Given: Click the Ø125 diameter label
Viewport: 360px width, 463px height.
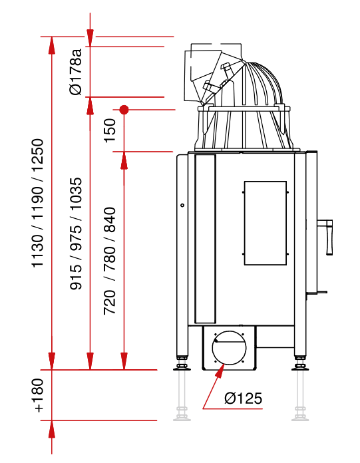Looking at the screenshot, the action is tap(243, 398).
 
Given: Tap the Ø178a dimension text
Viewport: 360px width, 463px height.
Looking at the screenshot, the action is tap(76, 72).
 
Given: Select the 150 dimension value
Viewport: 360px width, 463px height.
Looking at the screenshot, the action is tap(110, 130).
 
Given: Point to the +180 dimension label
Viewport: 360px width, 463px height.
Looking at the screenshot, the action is tap(39, 395).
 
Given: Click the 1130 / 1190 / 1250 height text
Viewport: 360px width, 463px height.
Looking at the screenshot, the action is tap(38, 203).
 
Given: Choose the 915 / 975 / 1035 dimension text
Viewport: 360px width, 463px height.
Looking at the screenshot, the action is tap(76, 233).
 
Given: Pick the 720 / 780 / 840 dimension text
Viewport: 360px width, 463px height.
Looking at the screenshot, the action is tap(110, 261).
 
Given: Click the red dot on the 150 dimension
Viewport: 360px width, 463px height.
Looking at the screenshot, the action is tap(124, 110).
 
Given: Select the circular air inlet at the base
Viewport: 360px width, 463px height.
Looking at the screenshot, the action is tap(229, 348).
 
